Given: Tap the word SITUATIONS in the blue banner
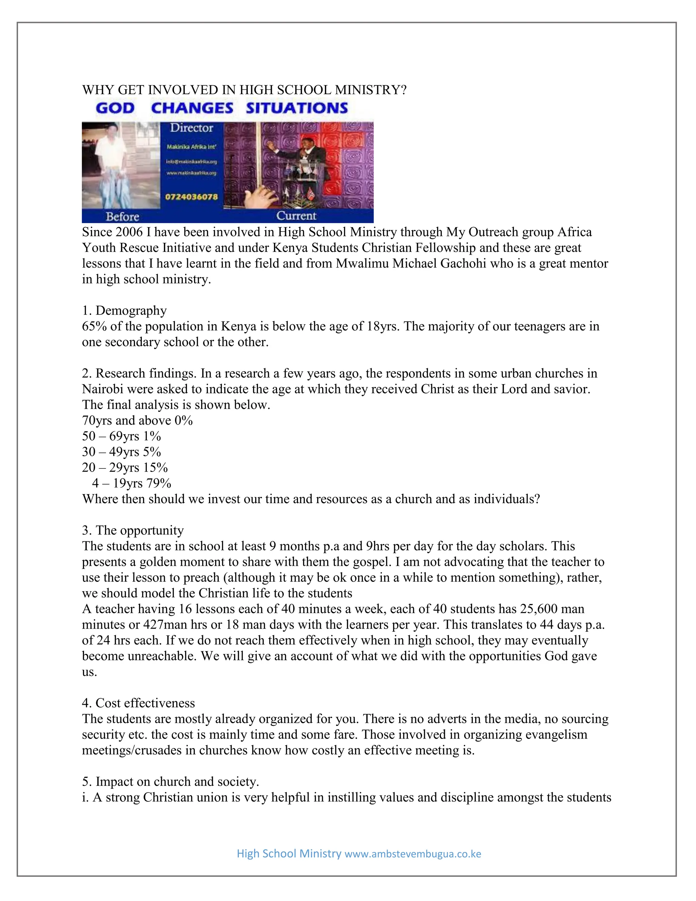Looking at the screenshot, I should [x=297, y=108].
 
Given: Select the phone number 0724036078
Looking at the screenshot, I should [x=191, y=197].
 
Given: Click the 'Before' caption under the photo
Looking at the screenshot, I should [x=122, y=217].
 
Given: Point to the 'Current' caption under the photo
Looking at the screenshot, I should [x=296, y=216].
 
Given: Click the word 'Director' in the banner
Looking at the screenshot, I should [x=192, y=128].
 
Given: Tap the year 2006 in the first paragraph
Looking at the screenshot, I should [x=128, y=232].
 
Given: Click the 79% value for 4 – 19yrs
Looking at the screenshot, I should [x=159, y=483].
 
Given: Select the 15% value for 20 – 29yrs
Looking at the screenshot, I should [x=155, y=468].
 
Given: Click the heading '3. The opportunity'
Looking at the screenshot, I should [x=133, y=530].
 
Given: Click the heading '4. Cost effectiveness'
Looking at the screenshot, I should [x=139, y=703].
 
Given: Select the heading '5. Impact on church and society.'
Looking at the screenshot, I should [x=170, y=781].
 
